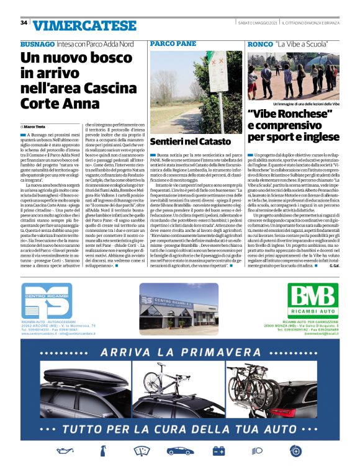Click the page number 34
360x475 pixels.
tap(24, 23)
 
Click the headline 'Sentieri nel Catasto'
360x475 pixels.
tap(191, 141)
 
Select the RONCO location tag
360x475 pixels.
tap(260, 45)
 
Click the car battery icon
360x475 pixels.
tap(218, 468)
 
